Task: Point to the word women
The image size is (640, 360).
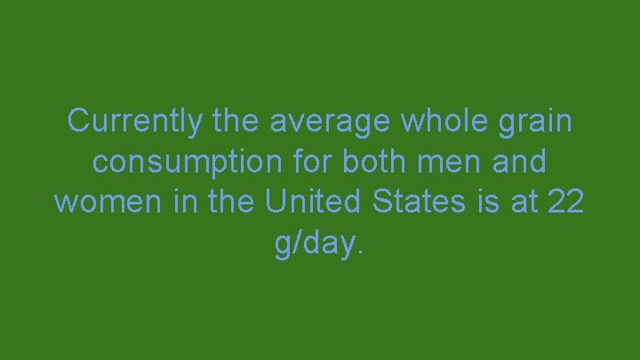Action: click(100, 202)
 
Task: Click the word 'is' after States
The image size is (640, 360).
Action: click(485, 202)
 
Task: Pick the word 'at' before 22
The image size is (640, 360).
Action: click(525, 202)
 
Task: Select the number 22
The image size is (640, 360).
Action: click(567, 202)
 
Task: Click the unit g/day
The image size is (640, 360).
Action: click(315, 243)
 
